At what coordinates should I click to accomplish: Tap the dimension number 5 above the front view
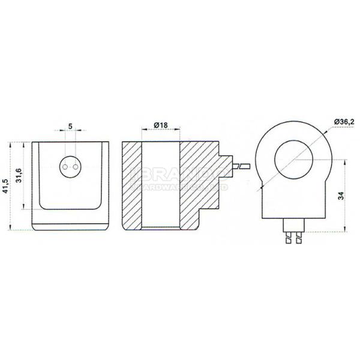71,127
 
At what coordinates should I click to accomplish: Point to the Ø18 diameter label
160,125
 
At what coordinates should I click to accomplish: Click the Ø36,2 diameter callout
344,122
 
